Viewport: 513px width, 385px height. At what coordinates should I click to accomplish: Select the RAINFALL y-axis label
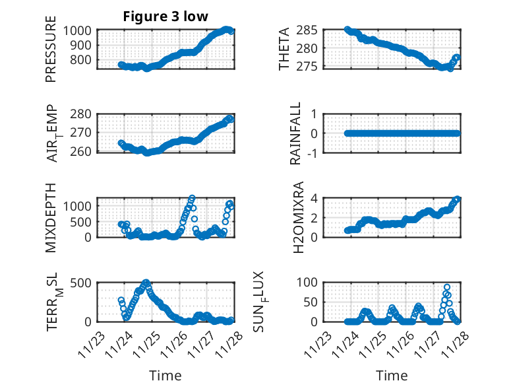point(297,133)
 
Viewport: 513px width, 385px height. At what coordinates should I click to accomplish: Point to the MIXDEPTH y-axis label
point(51,217)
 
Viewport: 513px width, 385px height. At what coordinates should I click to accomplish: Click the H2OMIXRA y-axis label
point(298,217)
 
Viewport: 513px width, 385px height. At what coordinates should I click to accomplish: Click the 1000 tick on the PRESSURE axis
point(80,30)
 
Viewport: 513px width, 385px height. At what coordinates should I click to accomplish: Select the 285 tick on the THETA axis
point(311,30)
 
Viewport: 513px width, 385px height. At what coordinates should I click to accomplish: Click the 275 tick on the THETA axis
point(311,67)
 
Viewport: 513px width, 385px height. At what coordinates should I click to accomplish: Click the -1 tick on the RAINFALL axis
point(314,153)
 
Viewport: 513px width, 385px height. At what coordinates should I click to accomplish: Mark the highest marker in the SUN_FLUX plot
point(446,287)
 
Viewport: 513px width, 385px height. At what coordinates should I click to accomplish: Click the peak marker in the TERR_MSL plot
point(146,283)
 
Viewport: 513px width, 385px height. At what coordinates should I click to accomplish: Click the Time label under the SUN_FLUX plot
point(392,376)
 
